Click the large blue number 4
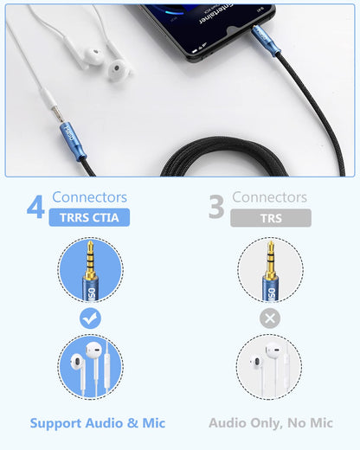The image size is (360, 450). click(35, 209)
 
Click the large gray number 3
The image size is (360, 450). click(216, 209)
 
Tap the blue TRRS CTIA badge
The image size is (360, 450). click(90, 218)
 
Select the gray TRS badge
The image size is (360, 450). click(271, 218)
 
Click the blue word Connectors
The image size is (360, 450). click(89, 198)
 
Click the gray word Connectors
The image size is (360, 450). click(270, 198)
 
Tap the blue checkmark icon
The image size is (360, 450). click(90, 318)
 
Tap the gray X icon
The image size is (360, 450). click(270, 318)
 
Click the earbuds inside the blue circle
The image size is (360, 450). click(90, 368)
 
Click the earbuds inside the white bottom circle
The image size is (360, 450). click(270, 368)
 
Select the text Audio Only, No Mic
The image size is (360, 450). click(271, 423)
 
